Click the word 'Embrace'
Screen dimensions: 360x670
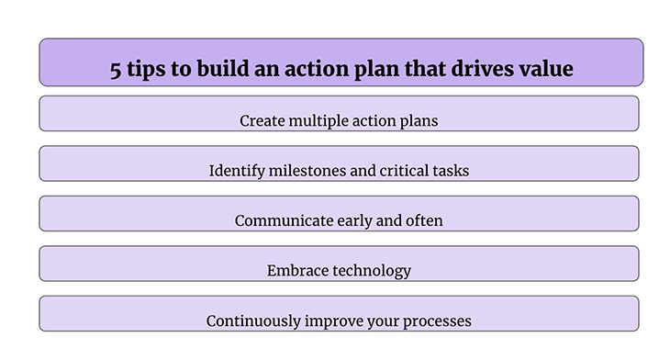tap(295, 271)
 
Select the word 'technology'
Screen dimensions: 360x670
tap(369, 271)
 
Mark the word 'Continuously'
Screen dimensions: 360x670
tap(250, 321)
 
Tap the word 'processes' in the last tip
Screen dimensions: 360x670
tap(435, 321)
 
